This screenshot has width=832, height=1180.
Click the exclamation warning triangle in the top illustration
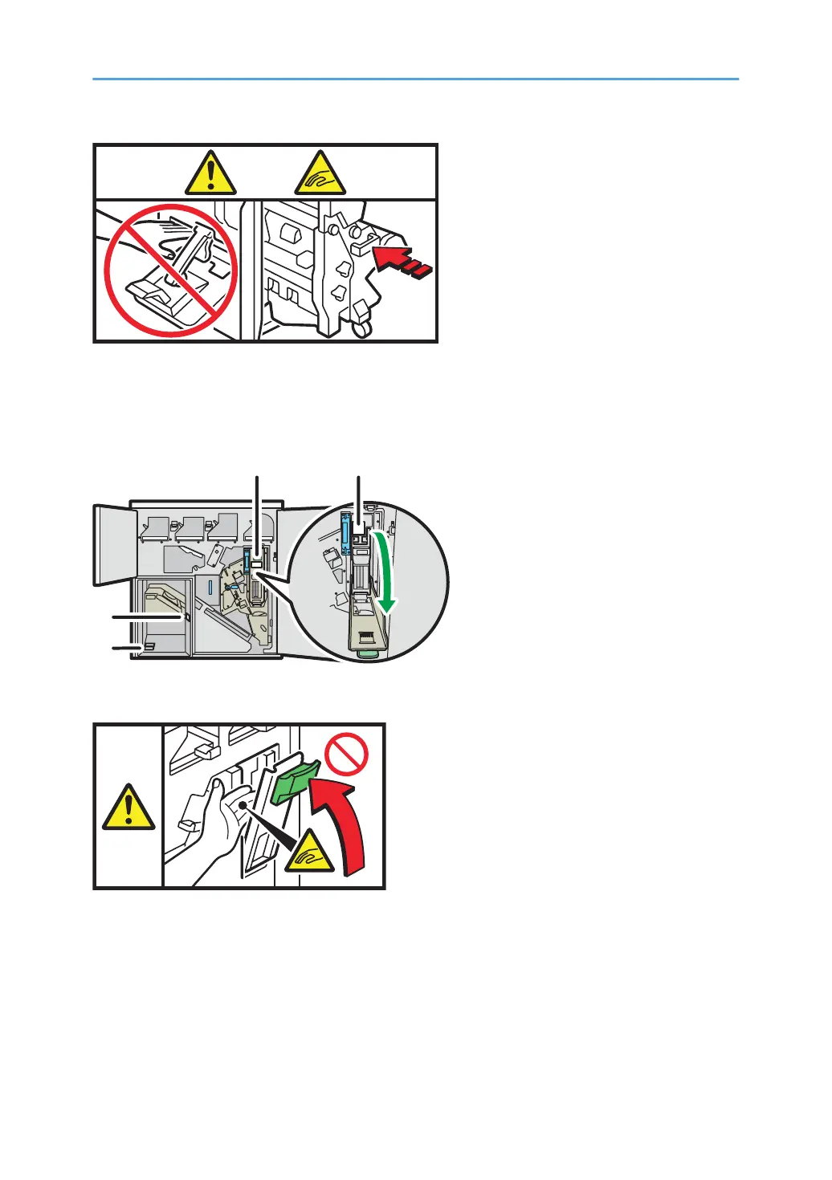click(210, 174)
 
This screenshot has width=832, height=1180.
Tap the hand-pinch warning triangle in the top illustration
click(320, 174)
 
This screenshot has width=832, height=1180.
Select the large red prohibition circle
click(171, 271)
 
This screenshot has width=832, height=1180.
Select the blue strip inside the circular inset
click(346, 533)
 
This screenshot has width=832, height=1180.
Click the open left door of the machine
click(111, 543)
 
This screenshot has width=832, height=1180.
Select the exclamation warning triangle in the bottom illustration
click(128, 808)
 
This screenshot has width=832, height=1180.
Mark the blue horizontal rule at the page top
click(415, 79)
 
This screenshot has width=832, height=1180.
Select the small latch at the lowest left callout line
click(149, 646)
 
